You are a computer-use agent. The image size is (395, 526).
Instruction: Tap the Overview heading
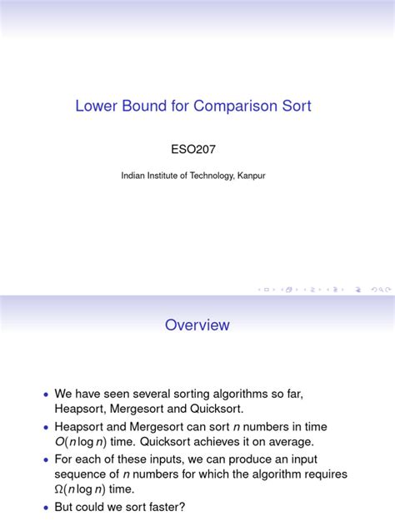click(x=197, y=325)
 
